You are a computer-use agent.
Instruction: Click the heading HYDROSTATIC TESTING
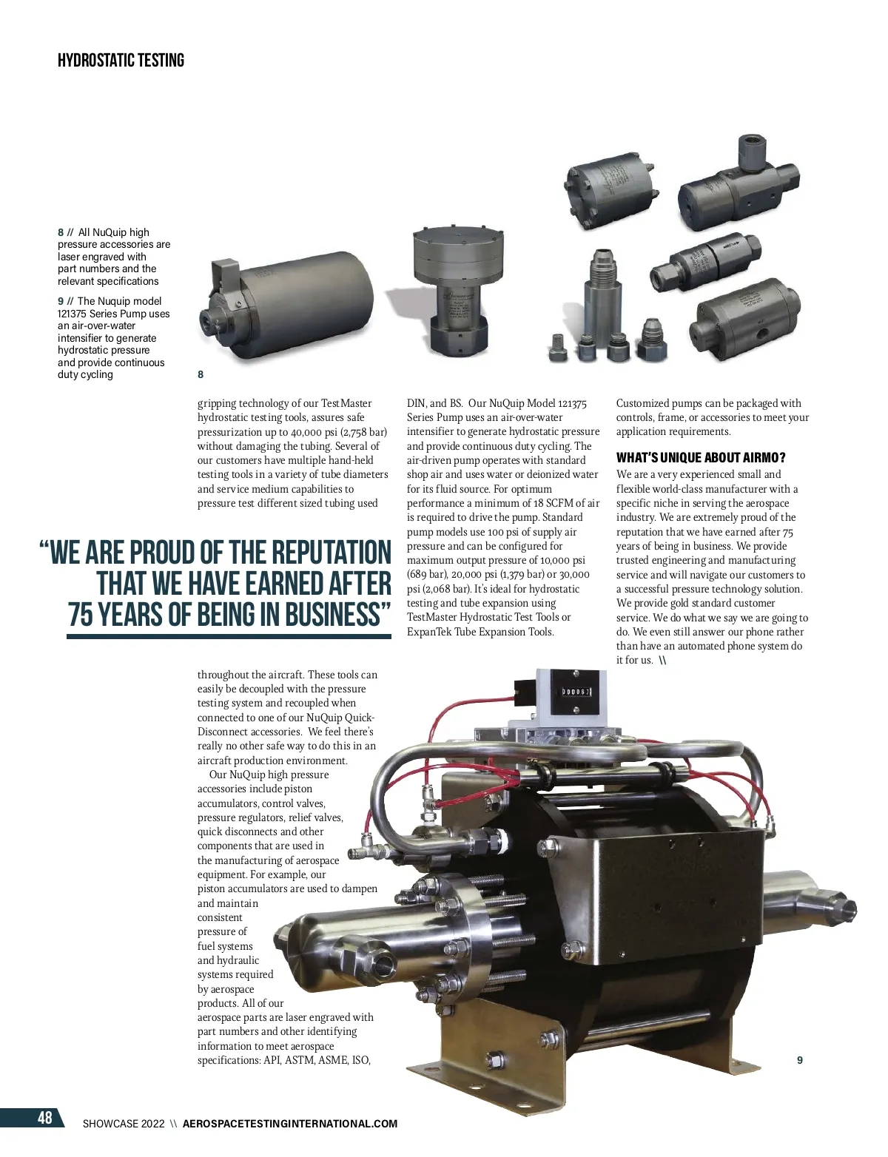(121, 60)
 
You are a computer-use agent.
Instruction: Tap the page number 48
(44, 1116)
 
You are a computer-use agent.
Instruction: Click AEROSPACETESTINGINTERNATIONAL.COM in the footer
(290, 1124)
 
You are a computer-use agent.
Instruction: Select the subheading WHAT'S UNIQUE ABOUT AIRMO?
(701, 457)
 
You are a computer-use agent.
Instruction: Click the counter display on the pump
(576, 692)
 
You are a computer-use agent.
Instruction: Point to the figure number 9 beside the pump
(800, 1060)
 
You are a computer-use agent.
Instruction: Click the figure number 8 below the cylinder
(201, 374)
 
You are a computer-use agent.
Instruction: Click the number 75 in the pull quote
(81, 614)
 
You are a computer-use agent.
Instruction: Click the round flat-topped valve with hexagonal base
(458, 293)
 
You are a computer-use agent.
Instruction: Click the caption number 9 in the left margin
(61, 301)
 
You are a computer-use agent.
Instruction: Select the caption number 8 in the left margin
(61, 232)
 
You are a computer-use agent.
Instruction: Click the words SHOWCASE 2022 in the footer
(124, 1124)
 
